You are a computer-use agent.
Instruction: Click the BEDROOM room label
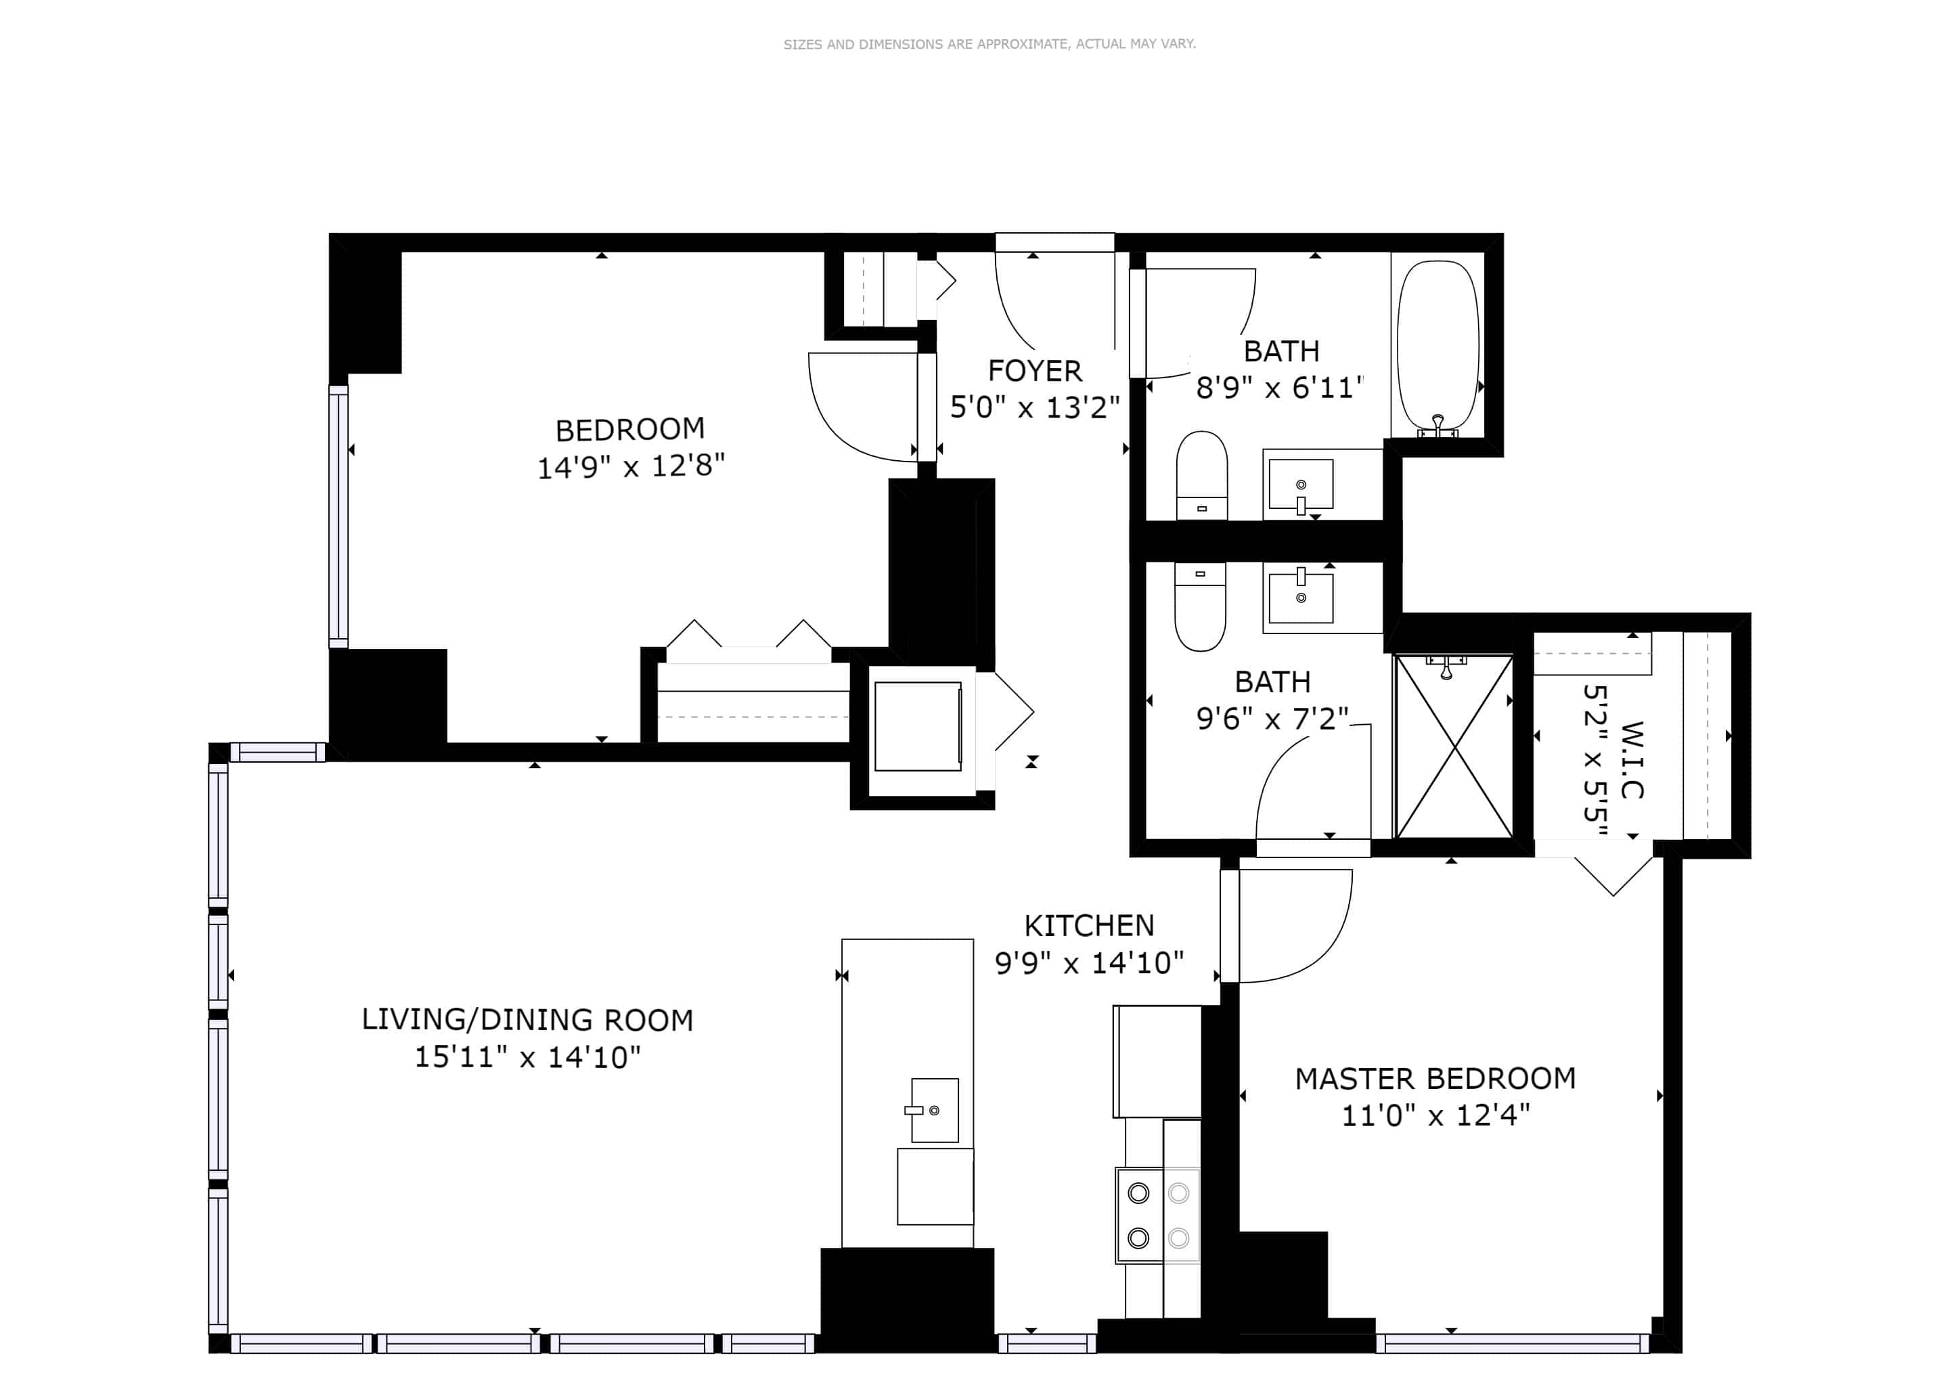pyautogui.click(x=630, y=429)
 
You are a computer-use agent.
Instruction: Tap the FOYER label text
pyautogui.click(x=1035, y=372)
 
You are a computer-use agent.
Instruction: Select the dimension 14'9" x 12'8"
pyautogui.click(x=630, y=467)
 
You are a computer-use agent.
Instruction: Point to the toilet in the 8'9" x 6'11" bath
pyautogui.click(x=1201, y=474)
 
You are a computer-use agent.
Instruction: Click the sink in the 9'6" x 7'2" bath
pyautogui.click(x=1300, y=598)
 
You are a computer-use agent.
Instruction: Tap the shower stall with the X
pyautogui.click(x=1453, y=746)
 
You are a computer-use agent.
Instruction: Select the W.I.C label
pyautogui.click(x=1631, y=759)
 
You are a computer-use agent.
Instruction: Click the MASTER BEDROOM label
pyautogui.click(x=1435, y=1079)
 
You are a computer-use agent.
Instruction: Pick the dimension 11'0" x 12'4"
pyautogui.click(x=1435, y=1115)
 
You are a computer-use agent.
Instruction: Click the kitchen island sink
pyautogui.click(x=934, y=1109)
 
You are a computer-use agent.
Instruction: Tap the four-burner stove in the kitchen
pyautogui.click(x=1157, y=1215)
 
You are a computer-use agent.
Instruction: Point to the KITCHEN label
pyautogui.click(x=1088, y=926)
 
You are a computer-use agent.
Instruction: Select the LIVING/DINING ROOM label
pyautogui.click(x=527, y=1020)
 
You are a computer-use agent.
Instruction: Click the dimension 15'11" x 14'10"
pyautogui.click(x=527, y=1057)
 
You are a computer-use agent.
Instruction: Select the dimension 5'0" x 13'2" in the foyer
pyautogui.click(x=1035, y=408)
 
